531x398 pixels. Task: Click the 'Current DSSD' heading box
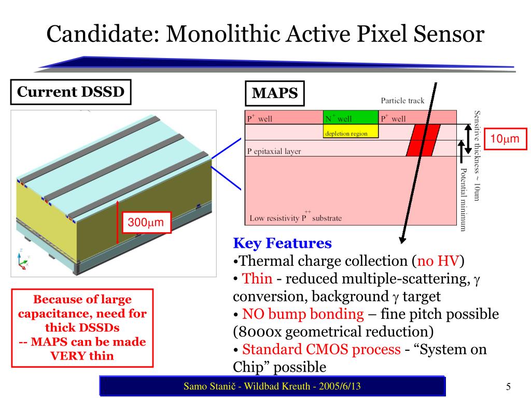pos(71,92)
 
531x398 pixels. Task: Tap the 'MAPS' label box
pos(275,93)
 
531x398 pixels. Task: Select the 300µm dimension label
pos(146,222)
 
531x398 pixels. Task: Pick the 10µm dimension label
pos(505,139)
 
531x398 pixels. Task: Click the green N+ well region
pos(351,117)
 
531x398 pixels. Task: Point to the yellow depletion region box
pos(351,131)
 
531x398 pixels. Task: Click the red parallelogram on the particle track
pos(423,140)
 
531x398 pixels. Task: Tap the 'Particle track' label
pos(402,101)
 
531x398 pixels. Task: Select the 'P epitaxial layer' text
pos(274,151)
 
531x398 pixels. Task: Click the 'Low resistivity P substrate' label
pos(296,217)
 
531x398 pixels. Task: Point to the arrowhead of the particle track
pos(402,240)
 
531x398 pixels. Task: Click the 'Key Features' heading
pos(283,243)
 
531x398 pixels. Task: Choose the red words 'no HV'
pos(438,261)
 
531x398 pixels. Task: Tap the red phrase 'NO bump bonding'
pos(303,314)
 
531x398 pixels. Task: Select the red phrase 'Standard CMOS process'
pos(322,349)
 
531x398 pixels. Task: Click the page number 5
pos(508,387)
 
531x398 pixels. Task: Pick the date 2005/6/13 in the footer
pos(340,386)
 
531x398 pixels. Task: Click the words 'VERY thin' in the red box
pos(82,356)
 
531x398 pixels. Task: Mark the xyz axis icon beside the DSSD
pos(23,259)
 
